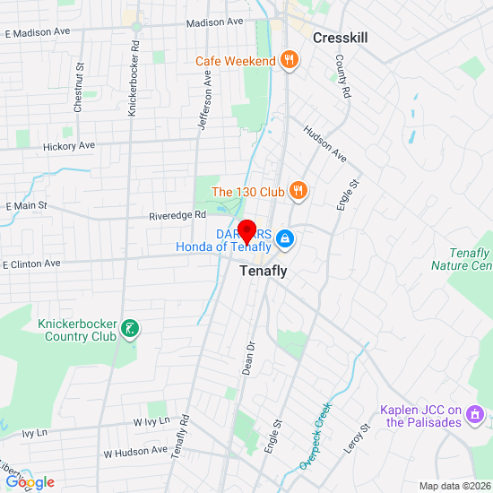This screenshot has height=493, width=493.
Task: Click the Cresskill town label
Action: (340, 38)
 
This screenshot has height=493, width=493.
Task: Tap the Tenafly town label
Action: (264, 270)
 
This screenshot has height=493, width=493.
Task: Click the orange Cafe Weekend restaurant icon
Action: (289, 61)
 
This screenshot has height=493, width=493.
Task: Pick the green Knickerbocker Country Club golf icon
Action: (131, 329)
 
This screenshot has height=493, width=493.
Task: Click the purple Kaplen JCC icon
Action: (476, 417)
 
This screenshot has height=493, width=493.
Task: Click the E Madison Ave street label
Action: (37, 33)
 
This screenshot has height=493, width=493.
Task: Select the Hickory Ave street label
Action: (68, 145)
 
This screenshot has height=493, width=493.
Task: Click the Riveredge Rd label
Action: (177, 215)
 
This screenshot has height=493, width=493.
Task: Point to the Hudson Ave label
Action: (325, 143)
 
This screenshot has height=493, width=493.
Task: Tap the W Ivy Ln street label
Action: (151, 421)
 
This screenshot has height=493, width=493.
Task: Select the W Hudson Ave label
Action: (135, 451)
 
